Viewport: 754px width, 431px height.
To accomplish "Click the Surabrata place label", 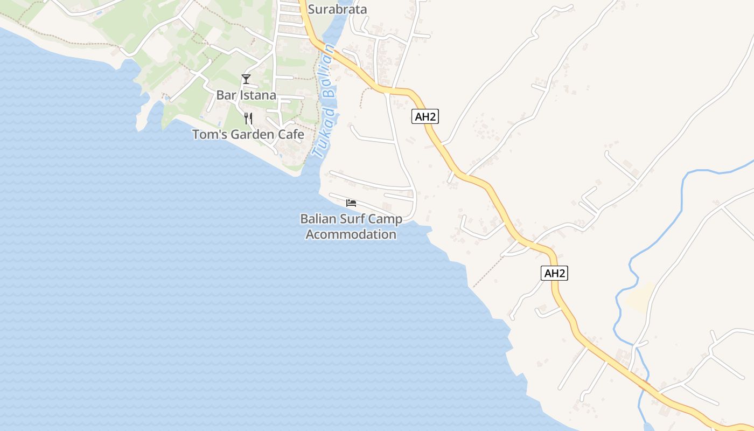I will click(x=337, y=9).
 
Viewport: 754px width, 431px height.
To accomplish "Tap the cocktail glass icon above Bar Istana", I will click(x=246, y=79).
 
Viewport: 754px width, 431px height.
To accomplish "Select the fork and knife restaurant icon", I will click(x=248, y=119).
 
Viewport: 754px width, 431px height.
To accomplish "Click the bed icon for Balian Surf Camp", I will click(x=351, y=203).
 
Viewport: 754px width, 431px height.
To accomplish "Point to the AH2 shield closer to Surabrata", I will click(x=425, y=116).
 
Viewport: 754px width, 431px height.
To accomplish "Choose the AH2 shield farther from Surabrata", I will click(x=554, y=273).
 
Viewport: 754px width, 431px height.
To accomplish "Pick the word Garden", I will click(x=252, y=135).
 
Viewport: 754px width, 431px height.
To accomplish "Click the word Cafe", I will click(x=291, y=135).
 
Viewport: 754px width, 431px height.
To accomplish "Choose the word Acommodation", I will click(x=351, y=234).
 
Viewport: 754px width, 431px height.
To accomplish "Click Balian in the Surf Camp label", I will click(x=318, y=219).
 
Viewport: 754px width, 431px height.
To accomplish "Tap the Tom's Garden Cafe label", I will click(x=248, y=135).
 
